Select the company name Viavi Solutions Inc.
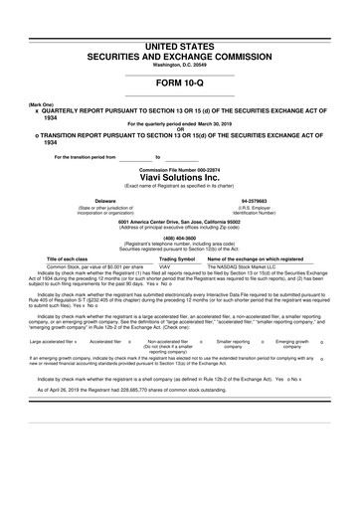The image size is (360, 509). point(179,173)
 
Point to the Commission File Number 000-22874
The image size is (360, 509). point(179,163)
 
